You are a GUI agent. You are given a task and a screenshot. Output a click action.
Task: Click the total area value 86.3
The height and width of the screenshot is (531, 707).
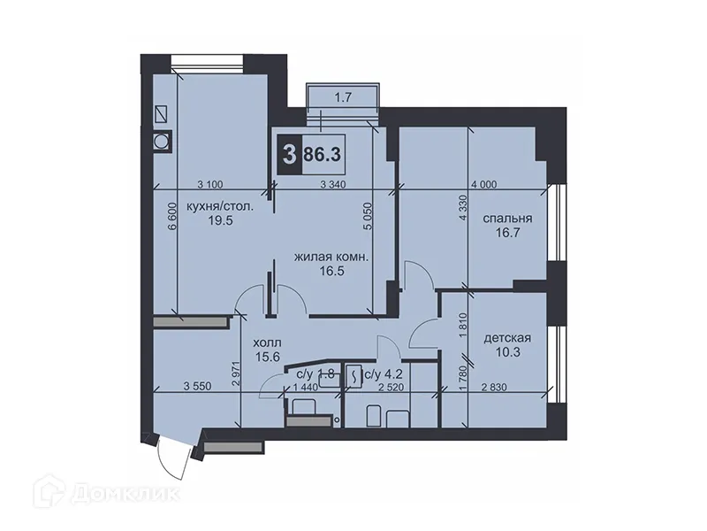pyautogui.click(x=323, y=154)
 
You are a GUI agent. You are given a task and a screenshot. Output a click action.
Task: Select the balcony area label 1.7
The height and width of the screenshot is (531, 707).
pyautogui.click(x=343, y=98)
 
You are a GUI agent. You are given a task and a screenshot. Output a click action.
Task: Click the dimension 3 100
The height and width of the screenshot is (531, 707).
pyautogui.click(x=209, y=184)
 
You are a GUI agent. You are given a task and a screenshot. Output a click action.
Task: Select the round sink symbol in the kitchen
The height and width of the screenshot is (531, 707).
pyautogui.click(x=162, y=140)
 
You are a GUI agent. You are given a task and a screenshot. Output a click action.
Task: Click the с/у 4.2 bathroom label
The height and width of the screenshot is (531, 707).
pyautogui.click(x=382, y=374)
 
